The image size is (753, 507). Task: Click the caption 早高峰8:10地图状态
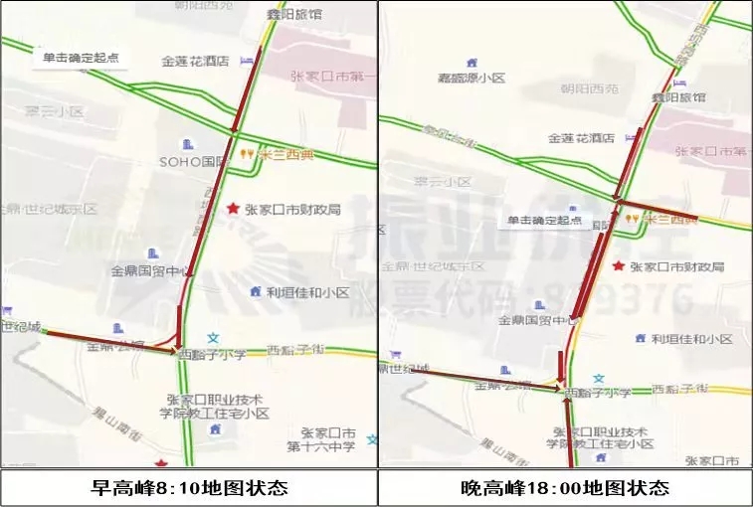click(x=189, y=488)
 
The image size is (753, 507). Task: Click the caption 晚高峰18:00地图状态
click(x=565, y=488)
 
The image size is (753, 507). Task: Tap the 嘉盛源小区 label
click(x=472, y=78)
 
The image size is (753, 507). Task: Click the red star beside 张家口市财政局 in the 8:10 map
click(x=232, y=209)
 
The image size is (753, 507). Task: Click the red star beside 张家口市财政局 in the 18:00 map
click(x=619, y=266)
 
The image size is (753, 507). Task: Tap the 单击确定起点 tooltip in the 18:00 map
click(x=544, y=221)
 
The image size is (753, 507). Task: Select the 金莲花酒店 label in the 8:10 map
click(x=195, y=61)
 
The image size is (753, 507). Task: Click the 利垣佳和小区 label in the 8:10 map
click(x=307, y=292)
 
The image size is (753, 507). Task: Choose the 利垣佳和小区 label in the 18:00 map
click(x=692, y=339)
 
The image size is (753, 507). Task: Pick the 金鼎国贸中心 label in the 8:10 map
click(x=145, y=270)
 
